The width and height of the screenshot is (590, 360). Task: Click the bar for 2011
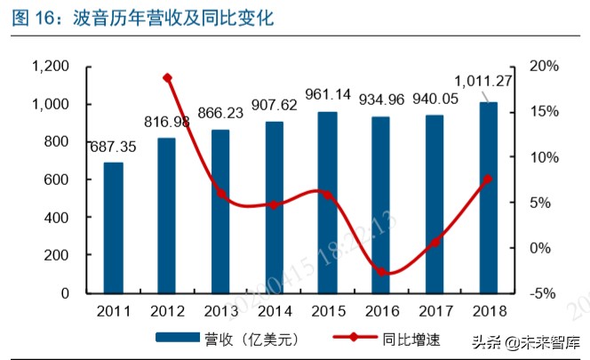coord(114,228)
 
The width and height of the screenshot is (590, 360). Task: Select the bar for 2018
coord(488,197)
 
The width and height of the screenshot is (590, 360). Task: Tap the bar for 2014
coord(274,207)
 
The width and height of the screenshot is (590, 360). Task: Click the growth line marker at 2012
coord(167,78)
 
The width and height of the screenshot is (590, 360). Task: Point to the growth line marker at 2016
coord(381,272)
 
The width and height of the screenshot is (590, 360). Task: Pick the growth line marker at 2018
coord(488,180)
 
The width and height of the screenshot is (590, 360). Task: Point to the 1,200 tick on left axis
coord(50,67)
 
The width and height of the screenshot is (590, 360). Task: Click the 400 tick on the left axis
coord(57,217)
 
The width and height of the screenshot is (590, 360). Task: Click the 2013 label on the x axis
coord(221,311)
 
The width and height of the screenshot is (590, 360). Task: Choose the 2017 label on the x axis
coord(435,311)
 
